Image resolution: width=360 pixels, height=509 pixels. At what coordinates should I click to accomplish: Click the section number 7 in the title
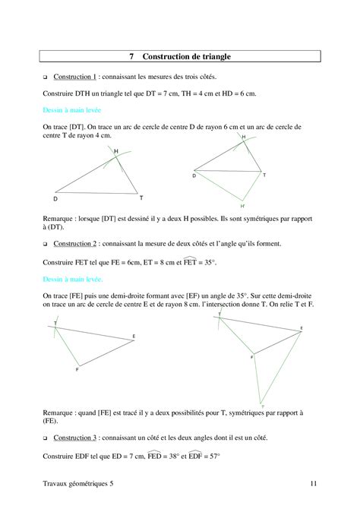click(131, 57)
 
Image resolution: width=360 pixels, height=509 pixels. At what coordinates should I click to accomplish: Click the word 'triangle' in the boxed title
click(214, 57)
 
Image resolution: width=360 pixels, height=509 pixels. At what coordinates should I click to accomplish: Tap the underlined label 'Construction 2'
click(74, 244)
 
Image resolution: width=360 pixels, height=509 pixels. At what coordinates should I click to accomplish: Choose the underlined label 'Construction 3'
click(74, 438)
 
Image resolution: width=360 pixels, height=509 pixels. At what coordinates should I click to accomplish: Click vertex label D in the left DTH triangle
click(55, 199)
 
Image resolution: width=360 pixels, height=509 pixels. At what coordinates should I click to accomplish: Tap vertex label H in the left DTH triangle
click(116, 152)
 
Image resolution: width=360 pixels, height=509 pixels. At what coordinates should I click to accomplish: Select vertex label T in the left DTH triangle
click(141, 197)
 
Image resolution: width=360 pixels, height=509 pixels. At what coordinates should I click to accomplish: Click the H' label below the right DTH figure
click(243, 207)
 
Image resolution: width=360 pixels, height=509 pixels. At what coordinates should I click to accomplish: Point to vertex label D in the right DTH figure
click(194, 175)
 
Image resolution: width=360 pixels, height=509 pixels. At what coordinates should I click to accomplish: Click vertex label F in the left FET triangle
click(77, 369)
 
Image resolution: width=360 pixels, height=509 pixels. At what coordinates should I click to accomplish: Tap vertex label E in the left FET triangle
click(134, 336)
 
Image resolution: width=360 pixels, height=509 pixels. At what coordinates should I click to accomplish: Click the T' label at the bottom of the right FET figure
click(263, 407)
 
